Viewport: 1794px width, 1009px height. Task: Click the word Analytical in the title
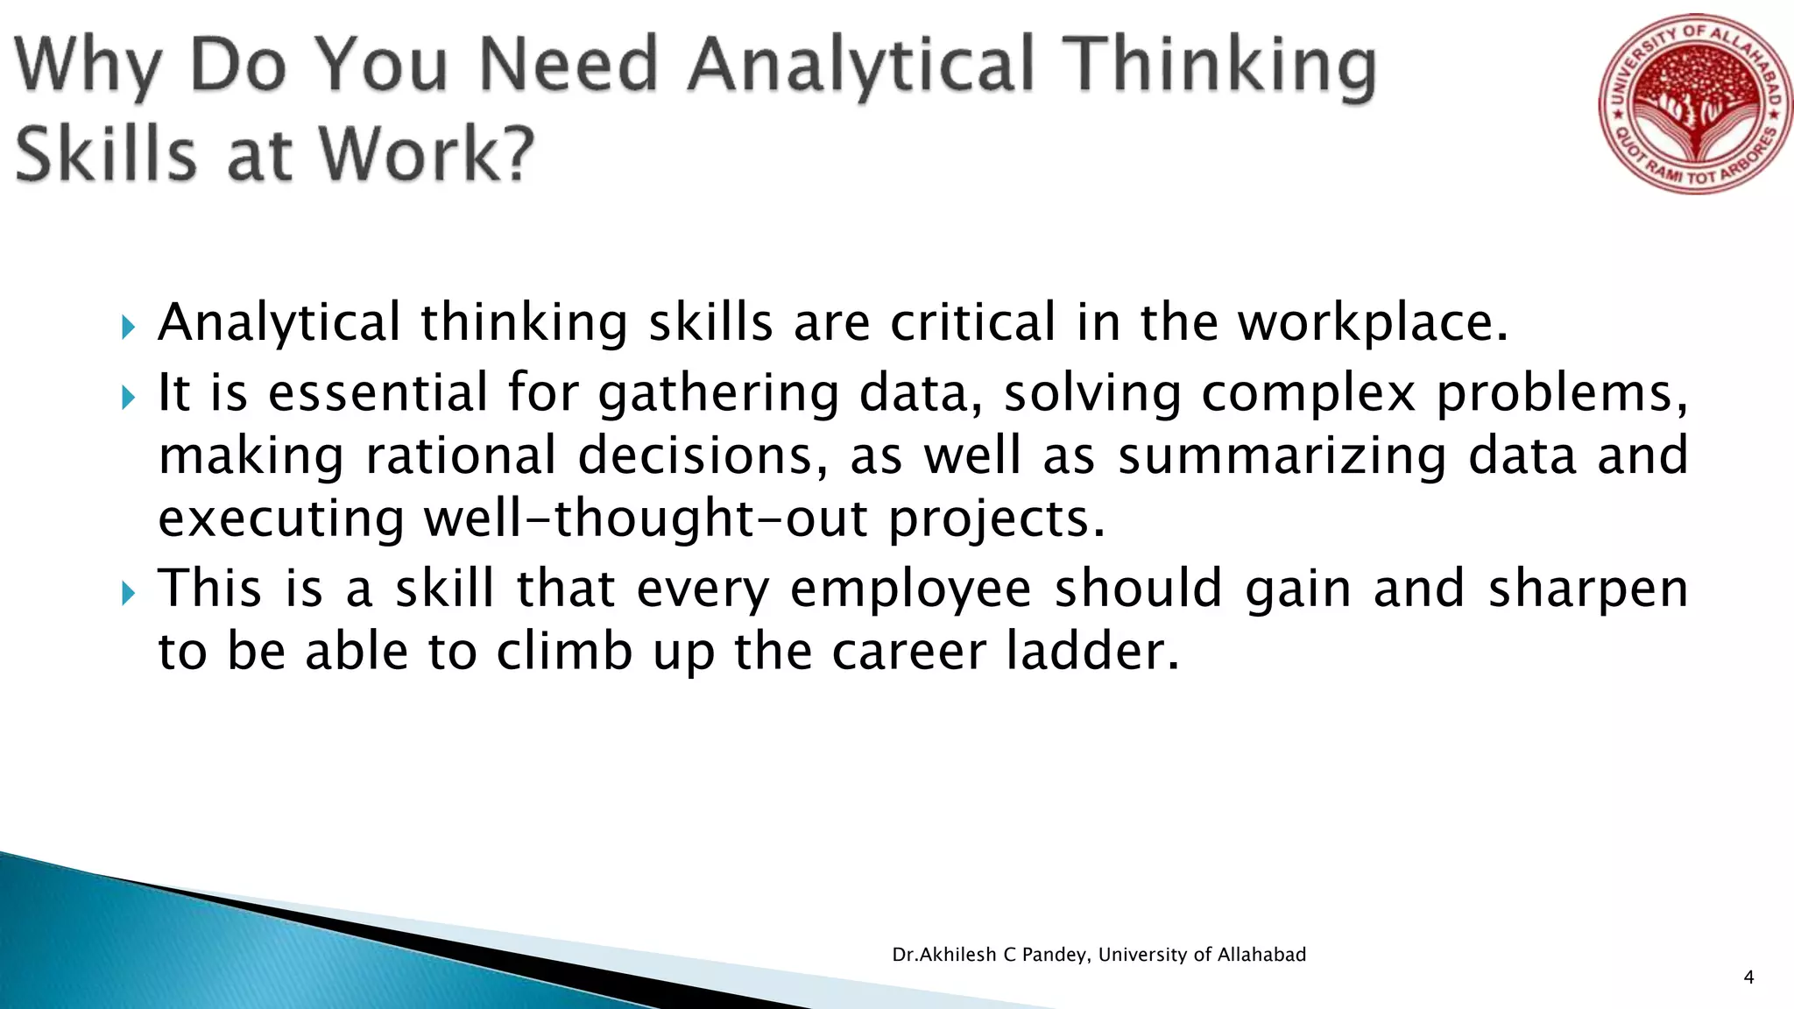(862, 65)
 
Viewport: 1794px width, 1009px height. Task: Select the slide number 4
(1748, 977)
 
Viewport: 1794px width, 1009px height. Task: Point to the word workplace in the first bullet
(1372, 322)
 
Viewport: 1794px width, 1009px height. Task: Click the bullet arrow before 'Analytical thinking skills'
(129, 328)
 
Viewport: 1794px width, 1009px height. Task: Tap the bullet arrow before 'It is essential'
(129, 398)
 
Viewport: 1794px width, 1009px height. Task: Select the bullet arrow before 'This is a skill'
(129, 594)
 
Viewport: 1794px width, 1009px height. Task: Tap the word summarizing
(1282, 457)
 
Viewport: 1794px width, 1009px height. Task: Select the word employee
(910, 590)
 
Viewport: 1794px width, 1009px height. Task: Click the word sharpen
(1588, 590)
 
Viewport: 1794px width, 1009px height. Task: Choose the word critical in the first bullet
(972, 322)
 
